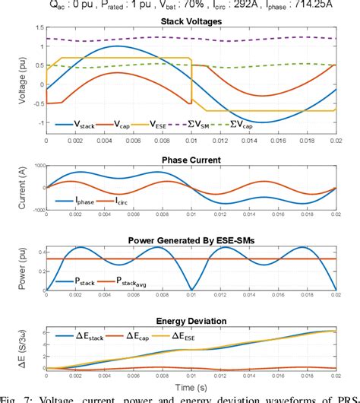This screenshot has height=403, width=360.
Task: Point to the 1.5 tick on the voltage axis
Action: (x=36, y=27)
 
